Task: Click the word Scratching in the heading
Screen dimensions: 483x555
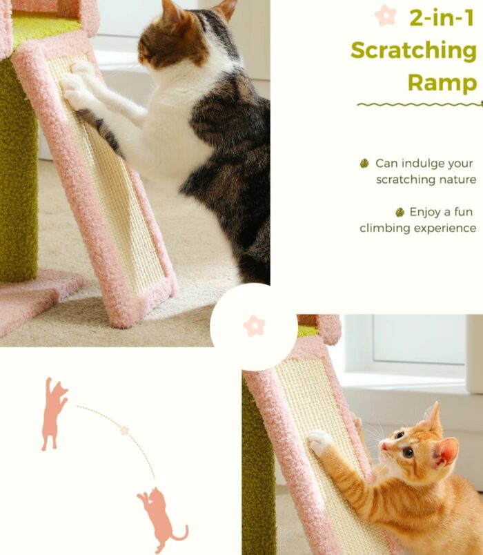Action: pos(413,51)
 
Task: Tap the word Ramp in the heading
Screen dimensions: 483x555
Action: pos(442,82)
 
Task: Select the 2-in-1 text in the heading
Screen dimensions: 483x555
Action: pos(442,18)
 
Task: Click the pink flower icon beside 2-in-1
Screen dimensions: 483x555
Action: pos(385,15)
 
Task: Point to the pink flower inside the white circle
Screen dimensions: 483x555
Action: pos(254,325)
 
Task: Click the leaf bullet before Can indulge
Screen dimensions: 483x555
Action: pos(364,164)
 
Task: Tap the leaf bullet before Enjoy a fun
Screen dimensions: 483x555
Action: pos(400,212)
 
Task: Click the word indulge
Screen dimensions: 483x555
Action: pos(418,164)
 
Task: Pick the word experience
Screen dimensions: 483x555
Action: pos(445,228)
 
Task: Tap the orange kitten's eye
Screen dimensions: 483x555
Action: pos(408,452)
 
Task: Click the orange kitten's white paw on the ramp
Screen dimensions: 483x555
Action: pos(319,441)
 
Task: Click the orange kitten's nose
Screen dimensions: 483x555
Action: pos(384,446)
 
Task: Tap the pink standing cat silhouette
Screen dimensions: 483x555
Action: pos(54,414)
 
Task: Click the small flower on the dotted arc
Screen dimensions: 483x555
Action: pos(125,431)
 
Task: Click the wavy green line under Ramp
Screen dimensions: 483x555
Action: pos(420,104)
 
